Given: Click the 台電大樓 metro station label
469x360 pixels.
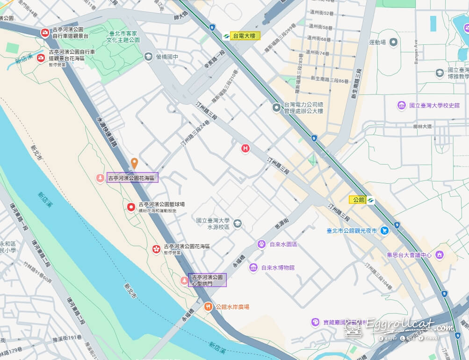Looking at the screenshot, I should [245, 36].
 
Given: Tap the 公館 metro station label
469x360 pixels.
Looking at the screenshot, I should [358, 200].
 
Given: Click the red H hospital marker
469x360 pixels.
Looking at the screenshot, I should [245, 149].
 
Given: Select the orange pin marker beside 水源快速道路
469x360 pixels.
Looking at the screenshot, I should [134, 163].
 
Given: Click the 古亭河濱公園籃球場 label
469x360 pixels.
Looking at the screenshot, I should [162, 204].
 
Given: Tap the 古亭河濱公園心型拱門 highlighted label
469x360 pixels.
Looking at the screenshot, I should [207, 280].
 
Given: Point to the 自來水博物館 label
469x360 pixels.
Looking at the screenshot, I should [278, 268].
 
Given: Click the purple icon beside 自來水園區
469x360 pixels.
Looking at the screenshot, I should [261, 244].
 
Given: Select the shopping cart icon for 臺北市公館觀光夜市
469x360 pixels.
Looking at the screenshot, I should [384, 230].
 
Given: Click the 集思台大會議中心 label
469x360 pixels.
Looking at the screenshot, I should [409, 255].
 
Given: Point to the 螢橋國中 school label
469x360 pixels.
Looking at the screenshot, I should [167, 57].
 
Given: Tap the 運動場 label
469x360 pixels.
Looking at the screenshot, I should [377, 43].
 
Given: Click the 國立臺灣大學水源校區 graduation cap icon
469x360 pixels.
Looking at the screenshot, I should [238, 223].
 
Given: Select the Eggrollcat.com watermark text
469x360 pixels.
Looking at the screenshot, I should [410, 325].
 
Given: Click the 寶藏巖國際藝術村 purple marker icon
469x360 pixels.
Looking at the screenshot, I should [316, 322].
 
